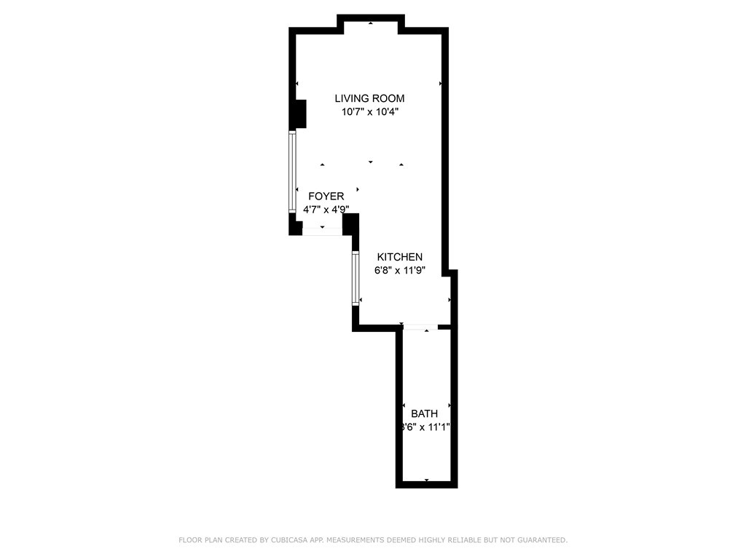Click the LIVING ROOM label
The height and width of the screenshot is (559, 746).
pyautogui.click(x=369, y=98)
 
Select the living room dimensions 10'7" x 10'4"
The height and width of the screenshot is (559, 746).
pyautogui.click(x=369, y=112)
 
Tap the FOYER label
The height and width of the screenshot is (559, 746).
pyautogui.click(x=326, y=197)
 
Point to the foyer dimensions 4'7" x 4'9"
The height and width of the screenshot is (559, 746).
pyautogui.click(x=326, y=210)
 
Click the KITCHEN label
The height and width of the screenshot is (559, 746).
pyautogui.click(x=399, y=257)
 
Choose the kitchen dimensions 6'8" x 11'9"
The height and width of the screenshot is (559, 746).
pyautogui.click(x=399, y=270)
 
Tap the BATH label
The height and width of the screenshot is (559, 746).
pyautogui.click(x=424, y=413)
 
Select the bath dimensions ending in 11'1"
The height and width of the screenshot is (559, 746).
pyautogui.click(x=425, y=427)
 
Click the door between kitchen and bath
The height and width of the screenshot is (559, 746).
pyautogui.click(x=421, y=328)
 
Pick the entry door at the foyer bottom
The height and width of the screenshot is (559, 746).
pyautogui.click(x=322, y=231)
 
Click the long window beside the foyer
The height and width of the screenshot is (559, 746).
pyautogui.click(x=292, y=172)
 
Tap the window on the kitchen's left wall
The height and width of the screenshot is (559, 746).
pyautogui.click(x=356, y=277)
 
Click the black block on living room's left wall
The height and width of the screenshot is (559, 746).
pyautogui.click(x=298, y=114)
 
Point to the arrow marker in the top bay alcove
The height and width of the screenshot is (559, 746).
pyautogui.click(x=371, y=23)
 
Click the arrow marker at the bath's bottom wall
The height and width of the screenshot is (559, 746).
pyautogui.click(x=426, y=480)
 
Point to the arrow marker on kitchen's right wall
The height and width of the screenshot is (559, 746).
pyautogui.click(x=449, y=299)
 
